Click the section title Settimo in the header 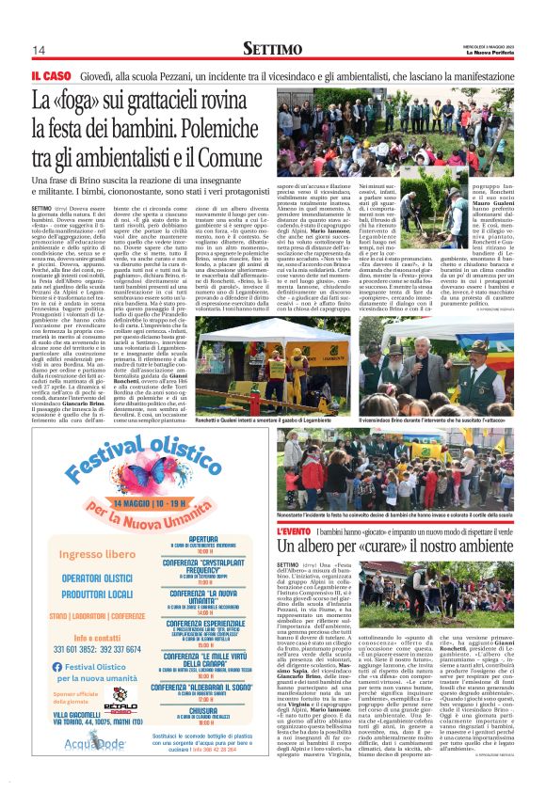pyautogui.click(x=273, y=48)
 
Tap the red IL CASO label pyautogui.click(x=51, y=74)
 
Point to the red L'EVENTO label pyautogui.click(x=300, y=531)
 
